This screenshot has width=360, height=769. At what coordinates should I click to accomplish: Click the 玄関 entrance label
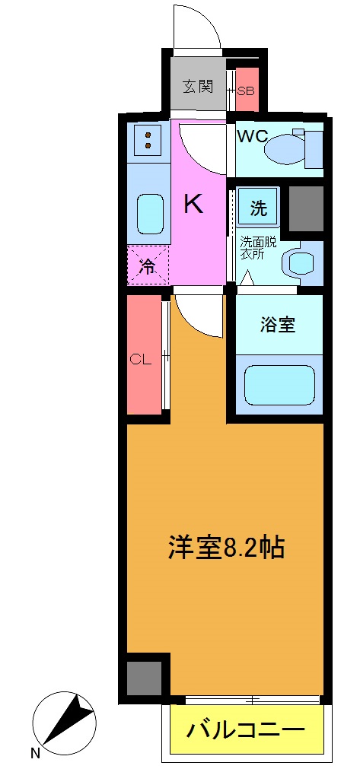197,87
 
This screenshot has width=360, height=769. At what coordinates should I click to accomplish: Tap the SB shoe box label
246,91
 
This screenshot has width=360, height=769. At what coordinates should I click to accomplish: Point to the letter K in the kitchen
194,203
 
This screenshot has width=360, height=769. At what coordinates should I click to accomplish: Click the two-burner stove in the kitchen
149,139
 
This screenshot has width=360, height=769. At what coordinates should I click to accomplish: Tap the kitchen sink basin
149,214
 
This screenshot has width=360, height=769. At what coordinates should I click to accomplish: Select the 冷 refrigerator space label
148,266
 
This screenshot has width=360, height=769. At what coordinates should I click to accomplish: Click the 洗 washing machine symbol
259,209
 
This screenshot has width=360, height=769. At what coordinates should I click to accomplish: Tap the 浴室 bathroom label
277,325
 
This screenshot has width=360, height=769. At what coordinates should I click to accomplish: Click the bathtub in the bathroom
279,385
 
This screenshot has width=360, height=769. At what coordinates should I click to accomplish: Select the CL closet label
140,360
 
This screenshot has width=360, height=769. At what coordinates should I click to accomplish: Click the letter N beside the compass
35,754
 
